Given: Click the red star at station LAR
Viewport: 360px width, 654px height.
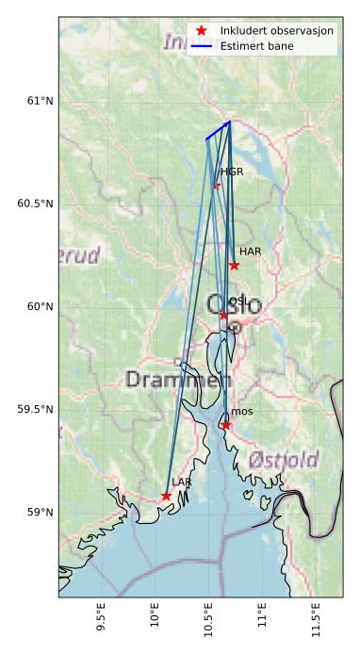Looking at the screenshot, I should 166,496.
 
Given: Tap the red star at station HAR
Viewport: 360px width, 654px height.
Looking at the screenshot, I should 234,266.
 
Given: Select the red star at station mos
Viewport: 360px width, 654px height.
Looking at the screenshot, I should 226,426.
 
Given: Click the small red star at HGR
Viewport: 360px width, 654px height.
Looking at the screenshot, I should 217,186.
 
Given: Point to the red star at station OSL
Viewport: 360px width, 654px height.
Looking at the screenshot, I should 223,316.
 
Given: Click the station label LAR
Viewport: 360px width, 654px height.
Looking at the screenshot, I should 181,482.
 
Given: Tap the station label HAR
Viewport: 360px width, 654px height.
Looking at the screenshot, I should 250,252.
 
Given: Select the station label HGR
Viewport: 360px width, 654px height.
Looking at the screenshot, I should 232,172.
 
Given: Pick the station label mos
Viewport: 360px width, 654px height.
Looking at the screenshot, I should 242,412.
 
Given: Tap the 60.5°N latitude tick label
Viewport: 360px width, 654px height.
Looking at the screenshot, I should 35,204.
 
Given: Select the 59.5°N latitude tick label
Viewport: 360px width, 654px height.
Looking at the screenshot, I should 35,409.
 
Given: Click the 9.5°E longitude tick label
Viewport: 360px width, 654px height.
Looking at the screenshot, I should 102,623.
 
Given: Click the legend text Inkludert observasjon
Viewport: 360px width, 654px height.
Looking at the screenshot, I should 277,30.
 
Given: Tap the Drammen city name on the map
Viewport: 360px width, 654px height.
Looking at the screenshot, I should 177,381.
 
